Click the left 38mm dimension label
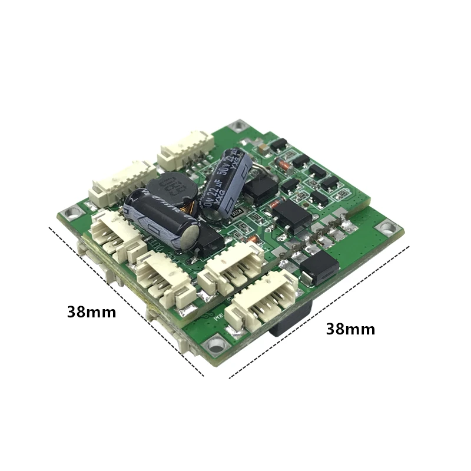click(91, 311)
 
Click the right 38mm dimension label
click(350, 329)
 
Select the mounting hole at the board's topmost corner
click(237, 125)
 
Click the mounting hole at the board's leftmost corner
click(72, 212)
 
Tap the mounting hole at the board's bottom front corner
click(216, 340)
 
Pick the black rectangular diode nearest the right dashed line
click(319, 268)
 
